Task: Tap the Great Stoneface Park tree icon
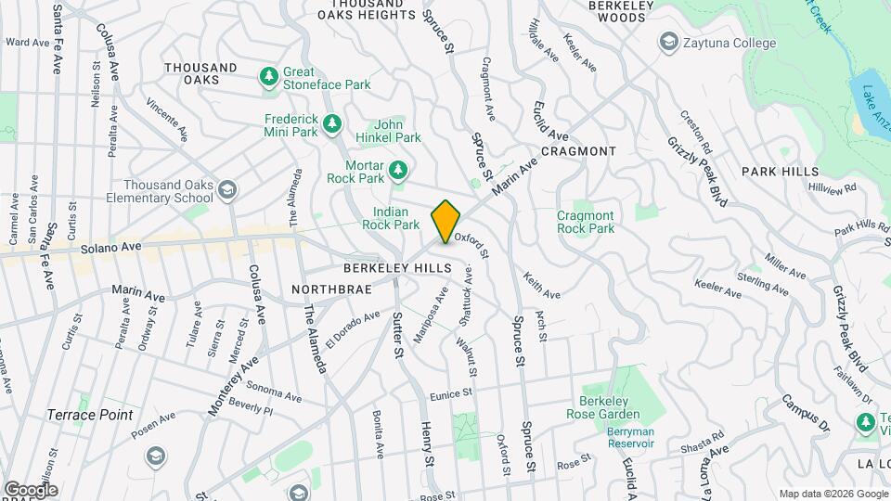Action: pos(269,78)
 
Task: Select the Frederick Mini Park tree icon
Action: pos(332,125)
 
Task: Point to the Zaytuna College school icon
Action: pos(667,43)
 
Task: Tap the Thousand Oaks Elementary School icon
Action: pos(227,191)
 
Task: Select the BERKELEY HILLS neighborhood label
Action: pos(397,267)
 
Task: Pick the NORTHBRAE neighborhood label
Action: pos(331,289)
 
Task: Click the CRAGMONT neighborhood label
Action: pos(578,151)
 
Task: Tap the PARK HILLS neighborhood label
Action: pos(780,172)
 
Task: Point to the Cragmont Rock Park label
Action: pos(585,222)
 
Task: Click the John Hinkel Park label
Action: pos(397,131)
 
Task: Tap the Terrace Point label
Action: pos(91,415)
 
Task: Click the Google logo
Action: pos(31,490)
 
